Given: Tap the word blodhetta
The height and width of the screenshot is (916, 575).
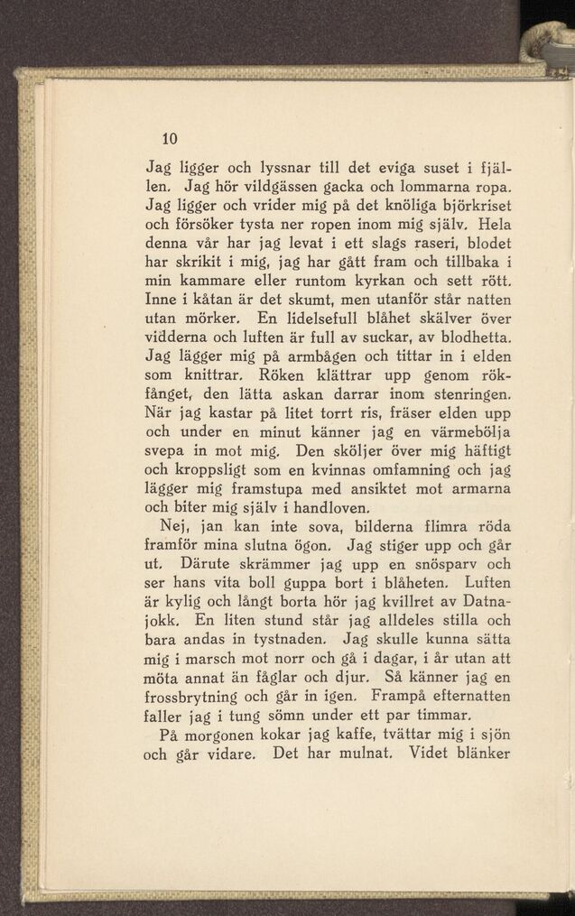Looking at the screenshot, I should [468, 338].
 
